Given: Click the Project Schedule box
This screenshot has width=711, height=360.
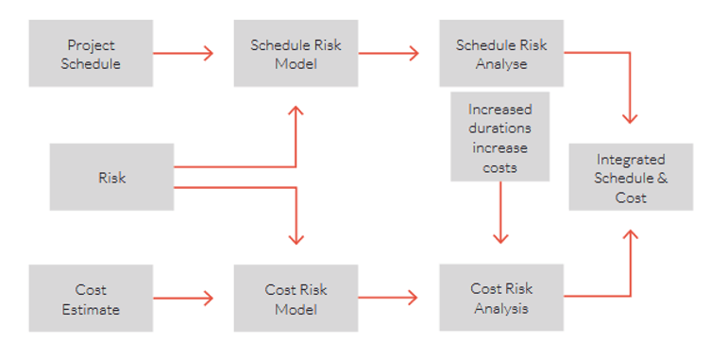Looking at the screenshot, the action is [91, 54].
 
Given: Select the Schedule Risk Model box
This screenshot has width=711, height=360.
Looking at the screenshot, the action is [296, 54].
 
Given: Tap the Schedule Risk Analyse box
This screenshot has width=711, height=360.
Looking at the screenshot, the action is [501, 54].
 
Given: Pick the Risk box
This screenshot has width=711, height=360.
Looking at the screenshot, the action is [111, 177].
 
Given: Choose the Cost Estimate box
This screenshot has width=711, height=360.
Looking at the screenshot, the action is [91, 299].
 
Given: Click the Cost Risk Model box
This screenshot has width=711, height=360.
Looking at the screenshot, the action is [296, 299].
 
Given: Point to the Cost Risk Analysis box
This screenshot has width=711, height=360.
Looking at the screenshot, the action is [501, 299].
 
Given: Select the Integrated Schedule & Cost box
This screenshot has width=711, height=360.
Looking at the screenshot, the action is [631, 178].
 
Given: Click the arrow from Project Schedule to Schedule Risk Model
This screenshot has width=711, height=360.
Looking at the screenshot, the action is [183, 54].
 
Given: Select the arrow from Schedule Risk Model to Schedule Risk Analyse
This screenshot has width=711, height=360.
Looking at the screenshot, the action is [388, 54].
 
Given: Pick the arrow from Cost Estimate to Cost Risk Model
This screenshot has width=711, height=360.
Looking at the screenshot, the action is [183, 299].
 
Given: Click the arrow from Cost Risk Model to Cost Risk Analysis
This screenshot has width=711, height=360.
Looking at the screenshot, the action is [388, 299].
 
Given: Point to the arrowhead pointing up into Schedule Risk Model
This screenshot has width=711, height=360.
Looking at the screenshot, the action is [296, 111].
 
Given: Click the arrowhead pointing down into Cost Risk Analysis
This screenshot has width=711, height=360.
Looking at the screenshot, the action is [500, 239].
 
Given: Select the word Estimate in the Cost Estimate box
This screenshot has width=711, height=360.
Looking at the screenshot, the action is [91, 308].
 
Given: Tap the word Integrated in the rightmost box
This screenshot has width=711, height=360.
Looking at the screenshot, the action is [631, 160].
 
